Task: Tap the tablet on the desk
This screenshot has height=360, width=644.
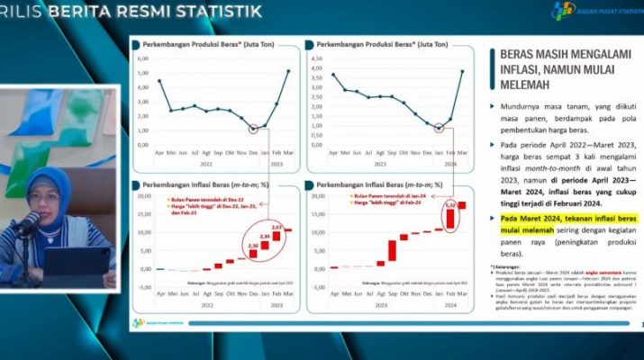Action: (77, 262)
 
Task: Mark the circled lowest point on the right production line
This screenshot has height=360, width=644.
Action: (438, 128)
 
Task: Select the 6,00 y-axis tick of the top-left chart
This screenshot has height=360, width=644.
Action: (142, 58)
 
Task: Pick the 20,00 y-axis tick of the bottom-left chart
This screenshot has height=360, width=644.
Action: (142, 195)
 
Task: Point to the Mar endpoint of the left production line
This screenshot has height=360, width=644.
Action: (288, 70)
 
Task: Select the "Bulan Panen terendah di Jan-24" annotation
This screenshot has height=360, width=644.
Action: (370, 195)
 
